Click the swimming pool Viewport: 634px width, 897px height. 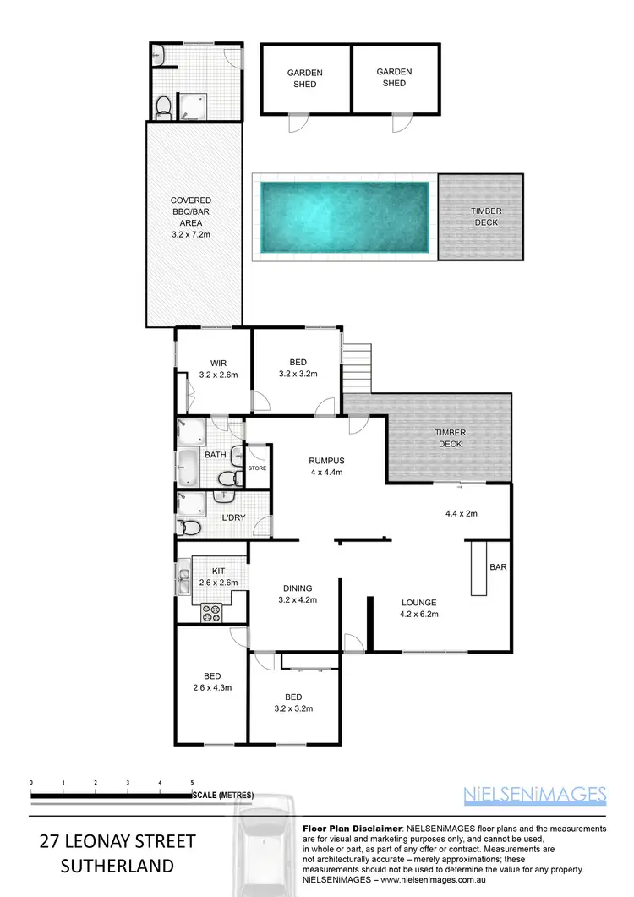[344, 218]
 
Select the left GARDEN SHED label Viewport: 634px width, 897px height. [305, 79]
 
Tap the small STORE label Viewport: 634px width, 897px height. [257, 468]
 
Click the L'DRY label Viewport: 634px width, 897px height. [233, 517]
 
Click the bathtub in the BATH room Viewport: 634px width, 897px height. [188, 464]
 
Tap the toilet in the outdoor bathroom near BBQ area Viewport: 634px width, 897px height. [163, 107]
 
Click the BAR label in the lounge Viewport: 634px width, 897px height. [498, 567]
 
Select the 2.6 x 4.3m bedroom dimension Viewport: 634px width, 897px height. [211, 687]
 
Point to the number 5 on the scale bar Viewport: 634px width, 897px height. [192, 783]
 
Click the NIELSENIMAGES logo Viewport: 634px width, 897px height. [535, 794]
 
